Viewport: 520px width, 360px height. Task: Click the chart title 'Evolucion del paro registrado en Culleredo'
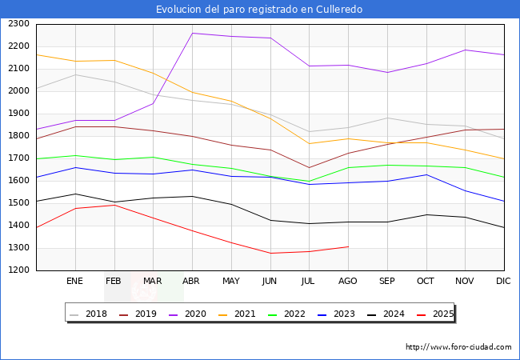click(x=259, y=10)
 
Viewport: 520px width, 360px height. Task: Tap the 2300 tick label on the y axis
click(x=18, y=24)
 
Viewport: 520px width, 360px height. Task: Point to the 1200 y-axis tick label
click(x=18, y=270)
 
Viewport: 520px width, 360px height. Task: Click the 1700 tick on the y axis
click(x=18, y=158)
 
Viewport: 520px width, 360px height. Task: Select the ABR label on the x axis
click(x=192, y=281)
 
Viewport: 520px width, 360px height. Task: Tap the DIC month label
click(x=503, y=281)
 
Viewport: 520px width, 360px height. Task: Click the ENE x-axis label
click(x=75, y=281)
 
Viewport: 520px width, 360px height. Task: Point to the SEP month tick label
click(x=386, y=281)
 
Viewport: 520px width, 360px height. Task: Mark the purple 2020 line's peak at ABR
click(x=192, y=34)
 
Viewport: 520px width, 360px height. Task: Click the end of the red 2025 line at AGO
click(x=348, y=246)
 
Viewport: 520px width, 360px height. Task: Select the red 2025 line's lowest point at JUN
click(x=270, y=254)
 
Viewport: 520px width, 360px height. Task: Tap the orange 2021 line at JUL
click(x=309, y=144)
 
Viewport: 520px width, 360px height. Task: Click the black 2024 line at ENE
click(x=75, y=194)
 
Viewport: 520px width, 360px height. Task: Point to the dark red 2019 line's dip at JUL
click(x=309, y=168)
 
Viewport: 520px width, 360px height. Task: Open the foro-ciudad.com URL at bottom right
click(x=458, y=347)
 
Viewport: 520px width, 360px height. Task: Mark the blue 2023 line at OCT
click(x=426, y=174)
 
